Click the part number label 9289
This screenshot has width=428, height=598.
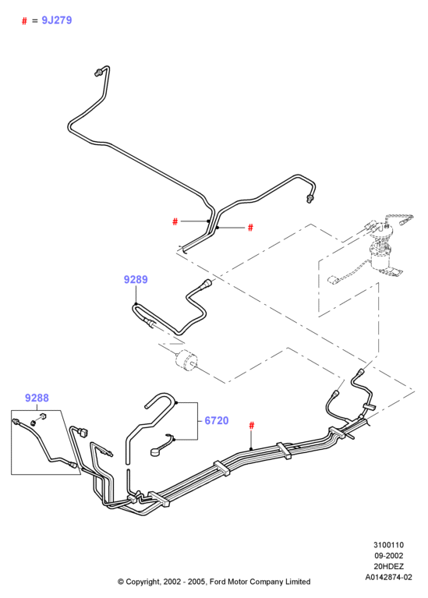coord(136,280)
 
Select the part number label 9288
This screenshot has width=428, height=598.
coord(37,398)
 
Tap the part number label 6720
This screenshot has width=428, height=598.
coord(216,420)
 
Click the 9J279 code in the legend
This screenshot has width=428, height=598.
coord(56,20)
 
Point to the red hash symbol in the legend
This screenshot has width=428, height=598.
coord(24,21)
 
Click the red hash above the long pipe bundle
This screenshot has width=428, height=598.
coord(251,425)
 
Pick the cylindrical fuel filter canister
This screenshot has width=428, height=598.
coord(187,360)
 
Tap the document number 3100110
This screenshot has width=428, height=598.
coord(388,545)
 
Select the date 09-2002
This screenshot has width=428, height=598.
coord(388,556)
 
